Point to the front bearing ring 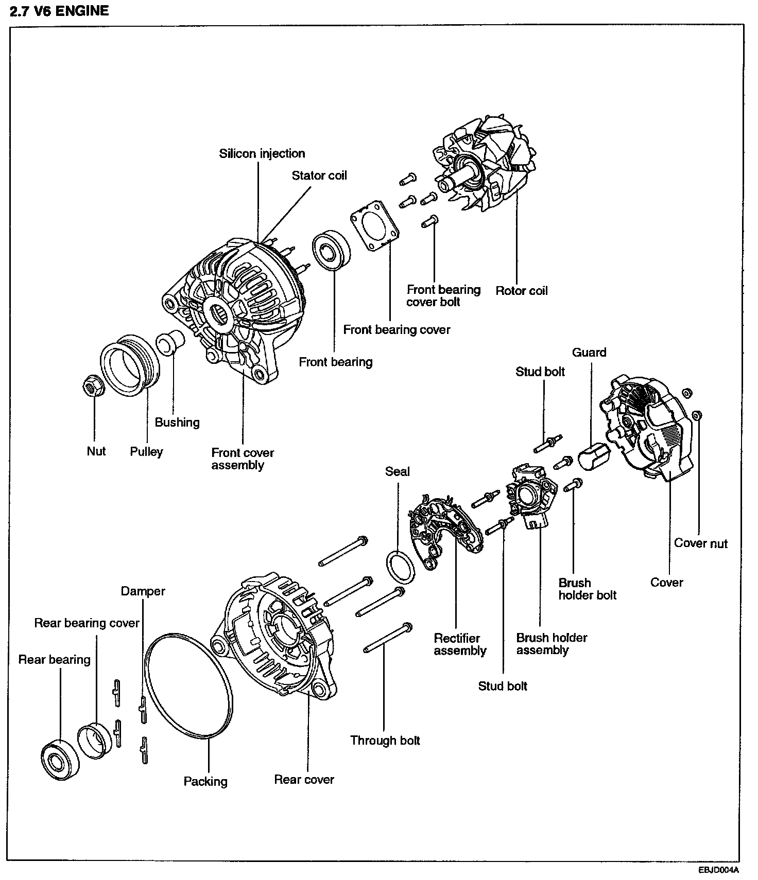click(331, 252)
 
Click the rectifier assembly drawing click(446, 531)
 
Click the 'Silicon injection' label click(262, 153)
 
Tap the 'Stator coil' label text click(319, 175)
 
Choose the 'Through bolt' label click(385, 740)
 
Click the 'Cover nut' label click(700, 543)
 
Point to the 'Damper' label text click(143, 591)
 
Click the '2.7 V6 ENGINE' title click(59, 11)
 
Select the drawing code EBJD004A click(718, 870)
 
